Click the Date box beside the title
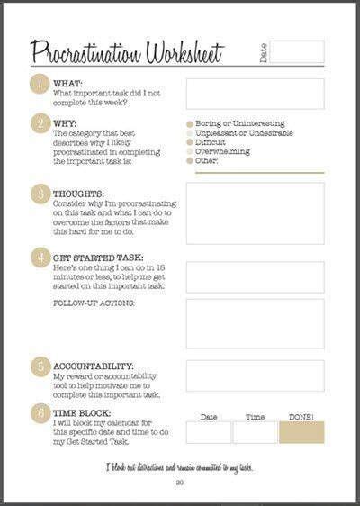point(297,51)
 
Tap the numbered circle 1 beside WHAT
point(40,86)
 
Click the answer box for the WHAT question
point(255,94)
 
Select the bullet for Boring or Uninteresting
point(189,123)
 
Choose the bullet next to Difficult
point(189,142)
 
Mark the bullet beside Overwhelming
point(189,151)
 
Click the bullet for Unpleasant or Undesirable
point(189,133)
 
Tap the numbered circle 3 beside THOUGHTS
point(40,194)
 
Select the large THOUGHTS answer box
point(255,213)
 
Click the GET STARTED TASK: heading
point(95,258)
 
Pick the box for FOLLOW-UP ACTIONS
point(255,322)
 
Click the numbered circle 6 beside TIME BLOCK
point(40,413)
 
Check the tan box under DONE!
point(301,431)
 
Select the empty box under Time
point(255,431)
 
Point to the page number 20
point(180,484)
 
